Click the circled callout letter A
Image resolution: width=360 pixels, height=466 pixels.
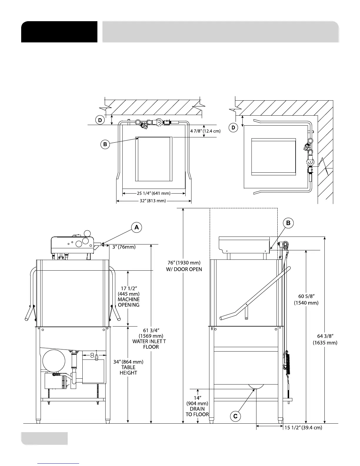(137, 227)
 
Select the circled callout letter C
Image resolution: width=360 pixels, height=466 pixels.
(235, 416)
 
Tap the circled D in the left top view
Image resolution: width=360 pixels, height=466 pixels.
(100, 120)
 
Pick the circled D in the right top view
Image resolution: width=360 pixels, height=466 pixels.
(234, 128)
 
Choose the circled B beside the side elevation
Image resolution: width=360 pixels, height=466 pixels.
(288, 223)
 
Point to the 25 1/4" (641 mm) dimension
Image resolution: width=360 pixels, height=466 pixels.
(154, 194)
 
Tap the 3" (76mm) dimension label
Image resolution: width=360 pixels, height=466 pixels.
(124, 247)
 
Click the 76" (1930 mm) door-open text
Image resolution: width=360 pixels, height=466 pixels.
(184, 266)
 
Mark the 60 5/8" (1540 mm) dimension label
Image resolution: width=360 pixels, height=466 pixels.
(306, 299)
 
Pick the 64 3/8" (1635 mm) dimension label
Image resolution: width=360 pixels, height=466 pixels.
(325, 339)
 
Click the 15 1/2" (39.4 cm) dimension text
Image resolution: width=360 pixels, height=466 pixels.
(303, 428)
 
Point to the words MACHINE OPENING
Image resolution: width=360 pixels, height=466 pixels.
(129, 302)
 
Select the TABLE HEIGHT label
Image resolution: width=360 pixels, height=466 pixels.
(128, 370)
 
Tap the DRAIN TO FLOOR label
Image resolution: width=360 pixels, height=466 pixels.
(197, 412)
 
